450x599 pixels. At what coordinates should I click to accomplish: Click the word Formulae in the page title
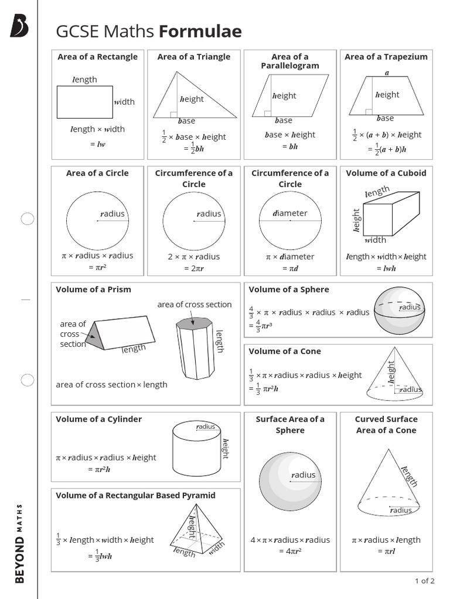tap(200, 31)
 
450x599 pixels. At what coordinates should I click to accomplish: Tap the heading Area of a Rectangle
tap(97, 57)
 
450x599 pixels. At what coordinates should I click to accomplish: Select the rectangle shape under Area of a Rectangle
tap(84, 102)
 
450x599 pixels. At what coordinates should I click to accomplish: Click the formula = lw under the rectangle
tap(97, 144)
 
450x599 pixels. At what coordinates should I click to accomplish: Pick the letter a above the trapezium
tap(387, 73)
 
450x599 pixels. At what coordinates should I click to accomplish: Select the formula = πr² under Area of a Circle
tap(97, 267)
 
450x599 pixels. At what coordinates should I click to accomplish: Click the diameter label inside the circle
tap(290, 214)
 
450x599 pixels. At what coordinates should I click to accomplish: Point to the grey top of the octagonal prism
tap(193, 322)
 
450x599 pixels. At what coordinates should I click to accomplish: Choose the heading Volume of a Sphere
tap(289, 290)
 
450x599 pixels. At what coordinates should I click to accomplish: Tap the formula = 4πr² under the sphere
tap(290, 551)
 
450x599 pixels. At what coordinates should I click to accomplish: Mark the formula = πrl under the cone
tap(386, 551)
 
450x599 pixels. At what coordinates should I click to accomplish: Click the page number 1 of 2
tap(424, 581)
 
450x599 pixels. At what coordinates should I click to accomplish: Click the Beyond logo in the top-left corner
tap(19, 26)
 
